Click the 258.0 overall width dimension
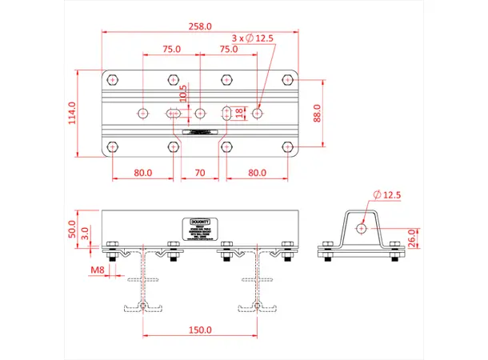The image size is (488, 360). [200, 26]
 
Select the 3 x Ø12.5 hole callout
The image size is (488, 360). [252, 38]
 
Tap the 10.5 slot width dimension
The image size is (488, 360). [183, 94]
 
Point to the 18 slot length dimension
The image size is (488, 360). [242, 113]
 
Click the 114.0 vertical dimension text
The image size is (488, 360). [73, 113]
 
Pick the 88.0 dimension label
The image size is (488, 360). [317, 113]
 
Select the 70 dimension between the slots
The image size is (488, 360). [200, 172]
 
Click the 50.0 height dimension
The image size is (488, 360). [73, 229]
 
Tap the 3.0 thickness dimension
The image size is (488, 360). [86, 234]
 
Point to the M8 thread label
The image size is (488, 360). [97, 270]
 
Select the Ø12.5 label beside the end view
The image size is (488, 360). [388, 195]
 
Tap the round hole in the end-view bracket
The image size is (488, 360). [362, 228]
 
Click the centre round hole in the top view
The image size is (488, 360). [200, 114]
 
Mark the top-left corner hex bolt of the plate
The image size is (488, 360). [112, 80]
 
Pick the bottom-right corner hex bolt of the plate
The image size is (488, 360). [288, 146]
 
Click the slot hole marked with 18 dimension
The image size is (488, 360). [227, 114]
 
